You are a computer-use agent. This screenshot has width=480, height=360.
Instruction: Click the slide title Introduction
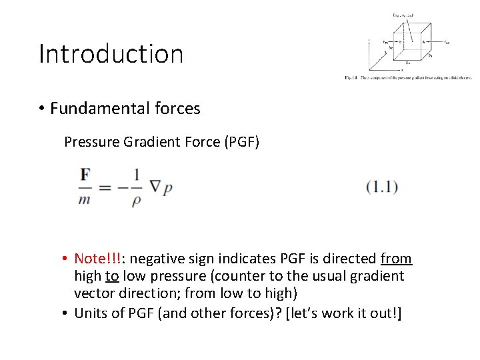[111, 54]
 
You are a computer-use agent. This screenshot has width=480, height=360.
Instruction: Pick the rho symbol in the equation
[136, 199]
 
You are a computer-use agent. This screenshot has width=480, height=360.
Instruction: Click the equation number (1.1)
[381, 187]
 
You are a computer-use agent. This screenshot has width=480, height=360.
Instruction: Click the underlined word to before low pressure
[112, 276]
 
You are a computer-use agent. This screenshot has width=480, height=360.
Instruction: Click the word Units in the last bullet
[91, 313]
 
